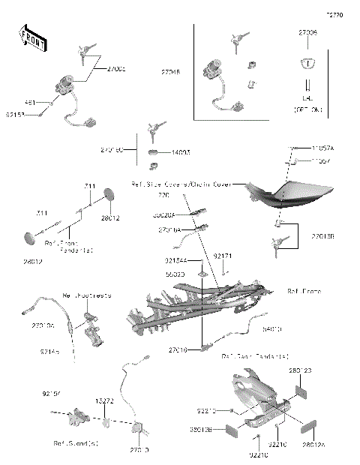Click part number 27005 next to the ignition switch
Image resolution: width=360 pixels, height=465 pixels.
[115, 69]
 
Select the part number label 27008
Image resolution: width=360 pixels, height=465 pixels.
[308, 33]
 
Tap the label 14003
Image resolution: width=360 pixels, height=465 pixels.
[180, 152]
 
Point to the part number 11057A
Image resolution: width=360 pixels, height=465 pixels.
[323, 149]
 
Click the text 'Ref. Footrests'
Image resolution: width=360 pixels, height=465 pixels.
[87, 296]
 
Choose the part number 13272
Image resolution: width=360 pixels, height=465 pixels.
[106, 401]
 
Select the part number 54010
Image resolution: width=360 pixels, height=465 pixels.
[272, 328]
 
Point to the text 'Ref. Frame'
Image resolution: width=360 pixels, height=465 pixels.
[303, 291]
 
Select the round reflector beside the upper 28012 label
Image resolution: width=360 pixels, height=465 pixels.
[107, 194]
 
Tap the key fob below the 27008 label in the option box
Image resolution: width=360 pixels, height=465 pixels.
[307, 63]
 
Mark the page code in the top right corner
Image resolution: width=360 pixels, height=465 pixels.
[333, 14]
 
